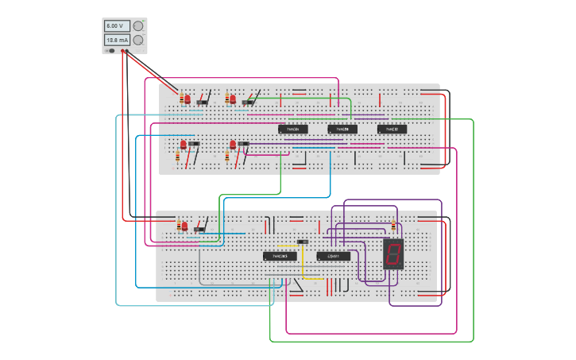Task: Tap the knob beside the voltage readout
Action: pos(138,26)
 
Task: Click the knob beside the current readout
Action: pos(138,40)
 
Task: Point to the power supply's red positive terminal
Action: pos(123,51)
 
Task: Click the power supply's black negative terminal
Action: pos(111,51)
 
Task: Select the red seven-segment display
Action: pos(393,254)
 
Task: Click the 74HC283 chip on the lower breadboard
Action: pos(280,256)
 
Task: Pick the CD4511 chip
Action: pos(333,256)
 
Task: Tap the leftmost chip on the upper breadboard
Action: pos(293,129)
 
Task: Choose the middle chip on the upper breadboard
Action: pos(342,129)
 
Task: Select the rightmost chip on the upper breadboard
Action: pos(392,129)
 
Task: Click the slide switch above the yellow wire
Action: pos(302,242)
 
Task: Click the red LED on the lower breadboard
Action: pos(184,226)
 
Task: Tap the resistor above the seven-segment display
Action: pos(393,226)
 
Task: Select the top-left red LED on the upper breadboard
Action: pos(187,99)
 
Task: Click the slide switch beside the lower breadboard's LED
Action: pos(199,230)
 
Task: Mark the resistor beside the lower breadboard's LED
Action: pos(179,226)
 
